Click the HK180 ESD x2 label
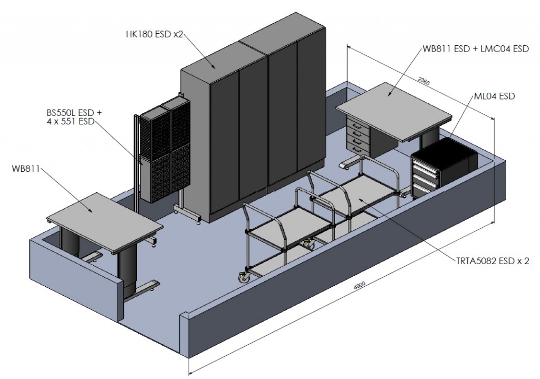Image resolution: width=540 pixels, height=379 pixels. tap(155, 34)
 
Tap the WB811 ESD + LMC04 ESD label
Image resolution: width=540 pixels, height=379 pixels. tap(476, 49)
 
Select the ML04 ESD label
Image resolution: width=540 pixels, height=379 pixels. tap(494, 96)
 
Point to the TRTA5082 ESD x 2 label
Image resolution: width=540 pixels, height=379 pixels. tap(492, 261)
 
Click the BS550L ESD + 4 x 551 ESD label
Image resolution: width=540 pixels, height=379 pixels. tap(74, 117)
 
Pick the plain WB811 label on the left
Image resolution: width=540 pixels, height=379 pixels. tap(25, 169)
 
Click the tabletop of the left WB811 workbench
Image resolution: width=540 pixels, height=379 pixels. tap(105, 219)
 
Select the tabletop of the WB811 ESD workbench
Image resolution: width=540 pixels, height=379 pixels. tap(393, 109)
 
